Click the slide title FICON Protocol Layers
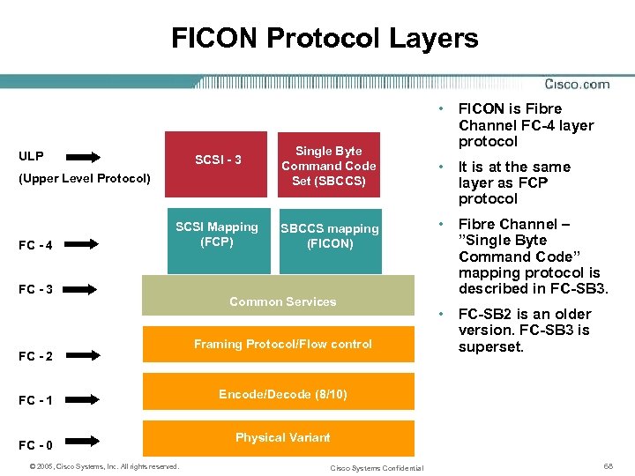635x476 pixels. pos(325,39)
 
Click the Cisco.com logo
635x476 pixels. pos(577,85)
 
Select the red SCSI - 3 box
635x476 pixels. pos(218,160)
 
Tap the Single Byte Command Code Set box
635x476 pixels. pos(329,166)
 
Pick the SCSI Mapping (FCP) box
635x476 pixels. pos(217,236)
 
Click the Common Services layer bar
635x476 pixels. pos(282,301)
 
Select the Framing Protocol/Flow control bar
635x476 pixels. pos(282,344)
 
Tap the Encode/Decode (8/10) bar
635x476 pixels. pos(282,394)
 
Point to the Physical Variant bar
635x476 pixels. pos(282,437)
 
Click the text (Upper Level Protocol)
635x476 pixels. pos(84,178)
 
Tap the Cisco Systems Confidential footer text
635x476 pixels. pos(377,467)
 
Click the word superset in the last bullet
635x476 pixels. pos(491,346)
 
